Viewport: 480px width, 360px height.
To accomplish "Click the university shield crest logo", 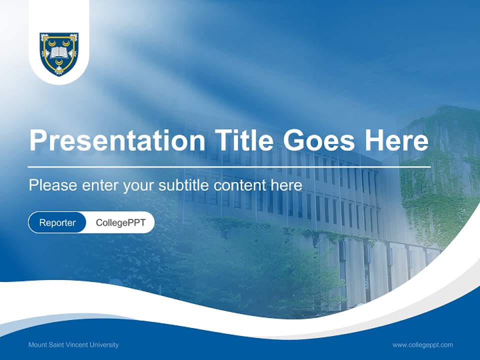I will point(59,54).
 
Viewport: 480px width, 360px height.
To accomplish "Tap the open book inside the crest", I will point(59,52).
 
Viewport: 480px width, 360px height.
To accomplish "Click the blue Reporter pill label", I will point(57,222).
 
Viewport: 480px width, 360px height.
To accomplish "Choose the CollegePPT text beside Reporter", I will point(120,222).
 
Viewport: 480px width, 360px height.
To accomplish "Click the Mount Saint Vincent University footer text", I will point(73,345).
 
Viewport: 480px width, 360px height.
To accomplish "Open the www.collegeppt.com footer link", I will point(422,345).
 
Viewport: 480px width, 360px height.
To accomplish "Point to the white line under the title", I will point(229,166).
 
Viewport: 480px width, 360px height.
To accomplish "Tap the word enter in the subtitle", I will point(99,185).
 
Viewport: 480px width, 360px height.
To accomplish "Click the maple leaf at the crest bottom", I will point(59,68).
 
